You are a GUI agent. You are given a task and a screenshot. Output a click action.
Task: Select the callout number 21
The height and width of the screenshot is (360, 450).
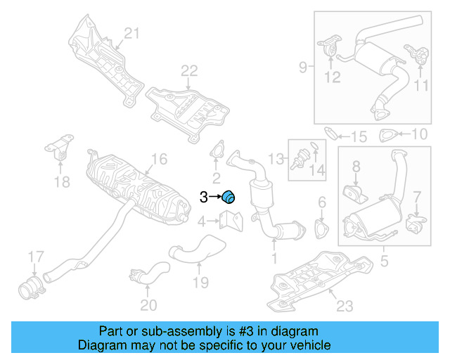point(133,32)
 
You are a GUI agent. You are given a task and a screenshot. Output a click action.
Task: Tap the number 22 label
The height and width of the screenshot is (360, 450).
point(189,70)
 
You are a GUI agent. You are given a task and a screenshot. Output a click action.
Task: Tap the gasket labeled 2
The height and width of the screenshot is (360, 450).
point(216,153)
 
